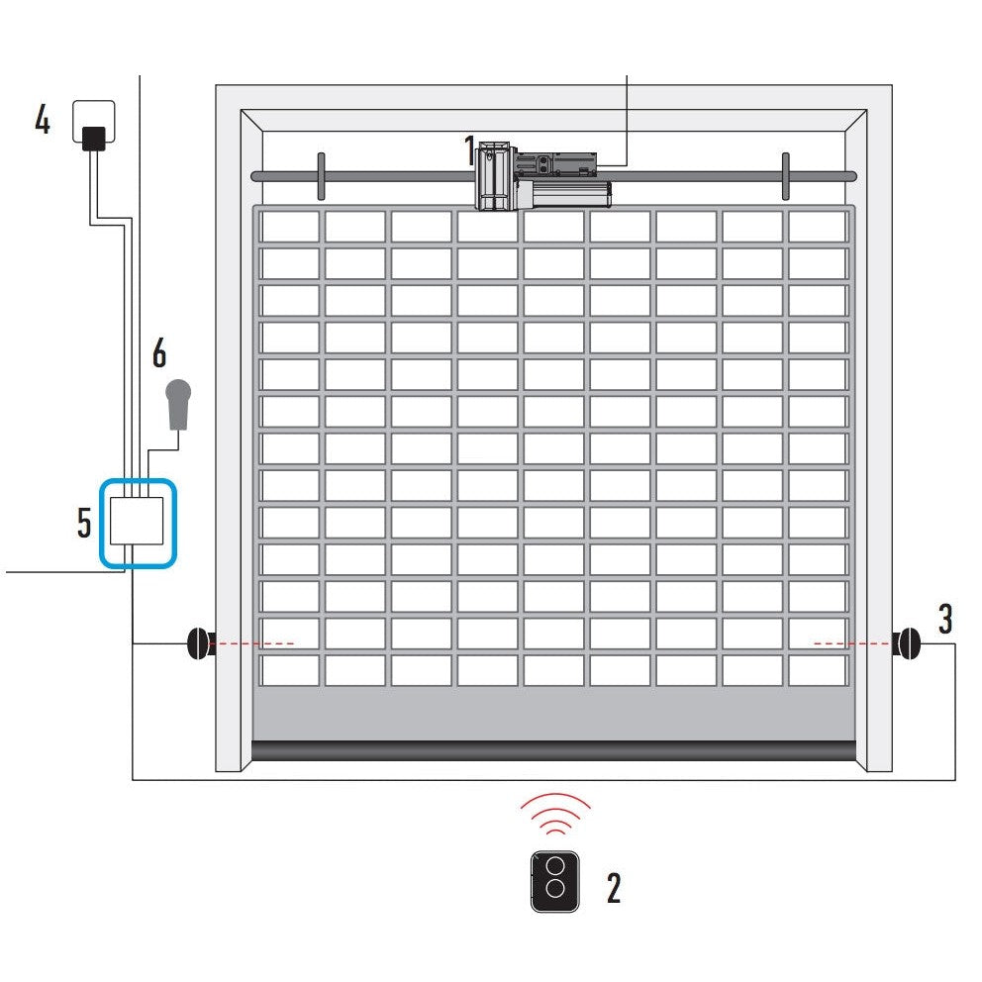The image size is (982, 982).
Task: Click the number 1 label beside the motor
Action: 469,150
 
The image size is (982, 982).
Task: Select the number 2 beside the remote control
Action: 613,888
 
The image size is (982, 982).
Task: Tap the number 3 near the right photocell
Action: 945,619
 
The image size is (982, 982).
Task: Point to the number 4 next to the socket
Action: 43,120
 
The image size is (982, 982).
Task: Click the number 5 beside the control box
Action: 85,523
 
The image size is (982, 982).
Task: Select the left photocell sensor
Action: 198,643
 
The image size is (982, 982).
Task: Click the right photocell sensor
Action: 906,643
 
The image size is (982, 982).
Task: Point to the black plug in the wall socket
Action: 94,138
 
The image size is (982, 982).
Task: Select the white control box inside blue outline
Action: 137,522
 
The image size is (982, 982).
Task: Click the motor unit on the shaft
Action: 542,177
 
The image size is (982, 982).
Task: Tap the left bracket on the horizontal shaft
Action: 321,176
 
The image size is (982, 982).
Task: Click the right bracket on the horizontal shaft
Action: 785,176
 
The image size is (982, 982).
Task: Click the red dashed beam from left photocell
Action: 253,643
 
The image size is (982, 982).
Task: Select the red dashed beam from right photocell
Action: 851,643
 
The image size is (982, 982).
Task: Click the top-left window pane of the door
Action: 289,226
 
